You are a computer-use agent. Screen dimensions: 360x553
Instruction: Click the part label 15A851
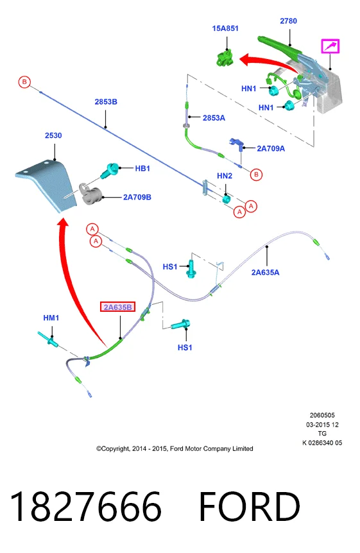pos(225,28)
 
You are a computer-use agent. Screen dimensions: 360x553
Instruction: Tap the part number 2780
pos(288,21)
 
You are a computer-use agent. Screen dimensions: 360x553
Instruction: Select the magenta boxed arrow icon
pos(330,46)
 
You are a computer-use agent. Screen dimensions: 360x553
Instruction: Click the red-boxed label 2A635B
pos(117,307)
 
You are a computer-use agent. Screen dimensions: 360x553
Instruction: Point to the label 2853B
pos(106,101)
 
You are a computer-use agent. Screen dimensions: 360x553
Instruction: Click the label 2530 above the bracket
pos(53,135)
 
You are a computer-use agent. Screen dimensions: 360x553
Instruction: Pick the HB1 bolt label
pos(142,168)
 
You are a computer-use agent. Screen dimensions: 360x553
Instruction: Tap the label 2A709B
pos(137,197)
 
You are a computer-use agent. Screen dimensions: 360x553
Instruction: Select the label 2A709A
pos(271,148)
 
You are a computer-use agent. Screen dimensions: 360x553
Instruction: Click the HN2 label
pos(225,176)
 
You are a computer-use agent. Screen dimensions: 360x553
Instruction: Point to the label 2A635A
pos(265,272)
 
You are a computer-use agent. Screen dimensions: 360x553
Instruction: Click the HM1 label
pos(51,318)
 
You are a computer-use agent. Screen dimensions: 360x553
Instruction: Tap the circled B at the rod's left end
pos(24,82)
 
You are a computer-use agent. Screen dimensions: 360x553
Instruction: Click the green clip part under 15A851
pos(225,58)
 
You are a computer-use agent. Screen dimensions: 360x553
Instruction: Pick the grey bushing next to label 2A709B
pos(90,194)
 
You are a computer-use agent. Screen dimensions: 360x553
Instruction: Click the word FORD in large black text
pos(250,507)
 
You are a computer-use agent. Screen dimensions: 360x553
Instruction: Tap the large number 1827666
pos(86,507)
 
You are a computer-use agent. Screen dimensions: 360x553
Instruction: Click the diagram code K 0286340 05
pos(322,443)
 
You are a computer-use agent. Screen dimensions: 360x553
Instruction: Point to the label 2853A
pos(214,118)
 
